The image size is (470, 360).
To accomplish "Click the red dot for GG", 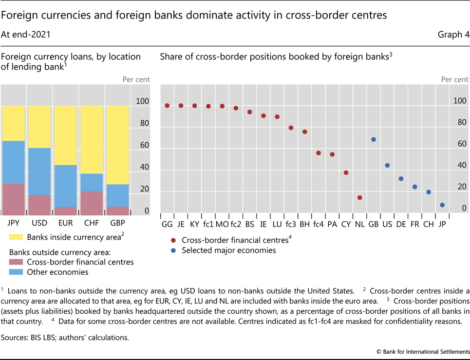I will [167, 106].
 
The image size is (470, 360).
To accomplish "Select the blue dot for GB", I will [374, 139].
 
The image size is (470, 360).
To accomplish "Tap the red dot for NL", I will [360, 198].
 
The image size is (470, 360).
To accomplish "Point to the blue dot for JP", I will [442, 205].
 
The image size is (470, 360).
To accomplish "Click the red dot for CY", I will [346, 172].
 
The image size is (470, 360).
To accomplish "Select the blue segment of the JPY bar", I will [14, 162].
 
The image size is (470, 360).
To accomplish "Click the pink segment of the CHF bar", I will [92, 203].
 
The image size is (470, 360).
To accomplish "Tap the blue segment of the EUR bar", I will [65, 186].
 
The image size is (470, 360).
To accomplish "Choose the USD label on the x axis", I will [39, 223].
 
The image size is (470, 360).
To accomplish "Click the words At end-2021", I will [26, 35].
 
